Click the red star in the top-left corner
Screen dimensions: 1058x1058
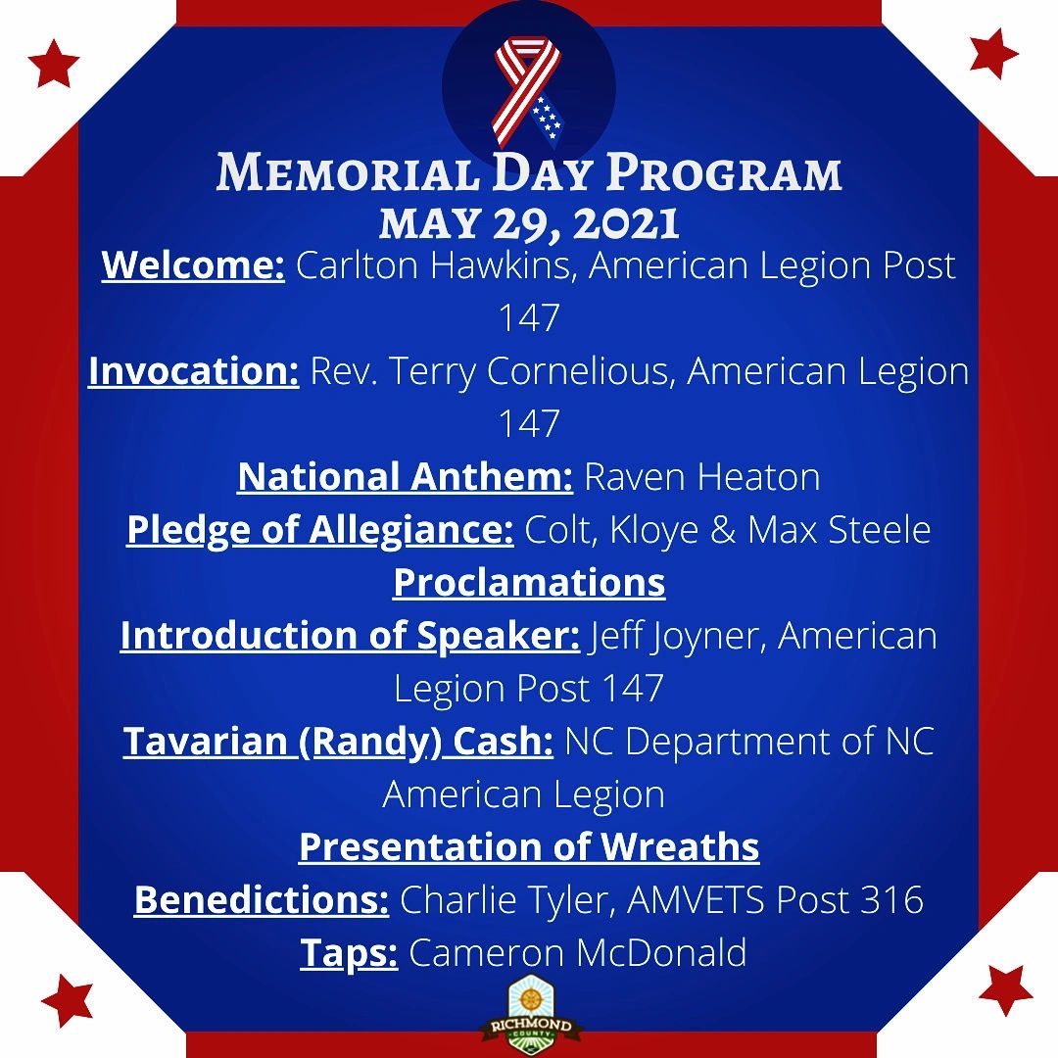click(x=53, y=64)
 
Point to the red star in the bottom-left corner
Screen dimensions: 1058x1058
click(x=68, y=999)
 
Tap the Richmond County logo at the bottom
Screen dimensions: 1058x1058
click(x=529, y=1014)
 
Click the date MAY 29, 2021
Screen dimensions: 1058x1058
click(x=529, y=223)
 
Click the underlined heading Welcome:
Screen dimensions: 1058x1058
click(x=193, y=265)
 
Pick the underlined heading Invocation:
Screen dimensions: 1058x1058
click(x=193, y=372)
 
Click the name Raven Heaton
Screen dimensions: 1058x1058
click(x=701, y=477)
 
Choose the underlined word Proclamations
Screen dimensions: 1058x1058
click(x=529, y=583)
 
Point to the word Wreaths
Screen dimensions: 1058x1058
click(x=681, y=846)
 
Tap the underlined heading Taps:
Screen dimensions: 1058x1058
click(x=349, y=952)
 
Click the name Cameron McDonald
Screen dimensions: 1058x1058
click(x=577, y=952)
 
